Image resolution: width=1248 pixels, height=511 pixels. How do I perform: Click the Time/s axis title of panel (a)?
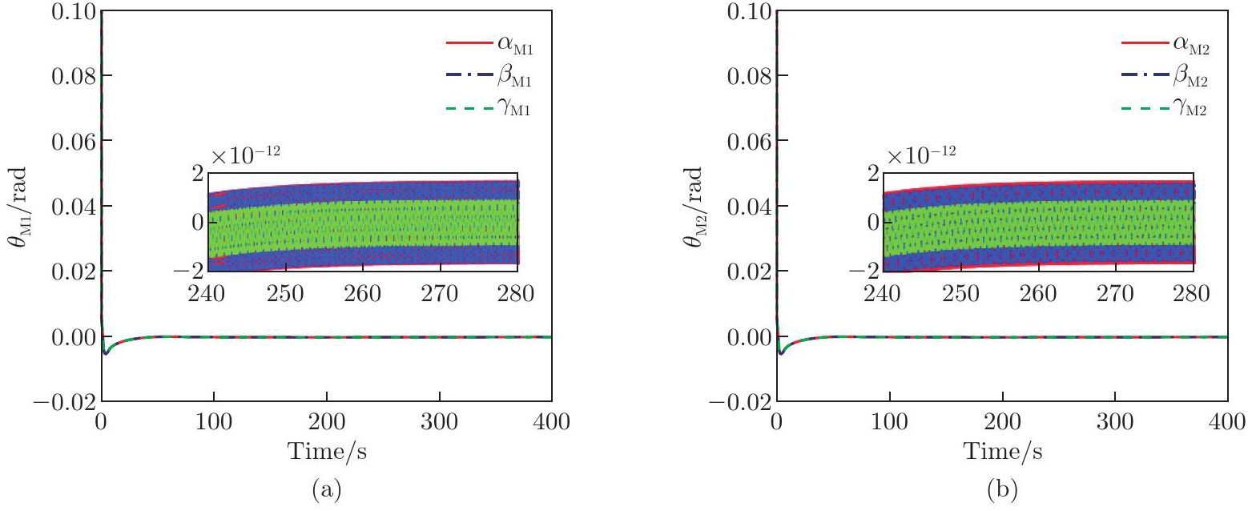[327, 451]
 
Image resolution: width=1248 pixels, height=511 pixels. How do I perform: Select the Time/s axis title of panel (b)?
[1003, 451]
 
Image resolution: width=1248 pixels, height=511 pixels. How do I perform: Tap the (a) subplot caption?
[327, 489]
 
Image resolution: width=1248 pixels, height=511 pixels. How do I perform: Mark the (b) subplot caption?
[1003, 489]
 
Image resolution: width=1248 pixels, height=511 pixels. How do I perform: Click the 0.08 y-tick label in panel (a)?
[71, 76]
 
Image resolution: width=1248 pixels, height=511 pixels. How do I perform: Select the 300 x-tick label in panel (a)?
[439, 423]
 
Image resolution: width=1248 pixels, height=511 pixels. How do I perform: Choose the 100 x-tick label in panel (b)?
[889, 423]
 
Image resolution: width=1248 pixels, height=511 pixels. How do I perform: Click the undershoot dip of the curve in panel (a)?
[106, 352]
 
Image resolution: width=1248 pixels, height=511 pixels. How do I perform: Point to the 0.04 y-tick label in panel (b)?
[747, 207]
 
